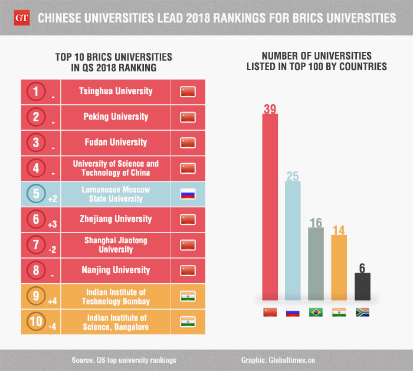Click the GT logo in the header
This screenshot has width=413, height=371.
19,18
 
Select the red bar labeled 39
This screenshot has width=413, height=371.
270,206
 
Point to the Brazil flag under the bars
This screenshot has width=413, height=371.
316,312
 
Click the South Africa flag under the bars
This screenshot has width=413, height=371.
362,312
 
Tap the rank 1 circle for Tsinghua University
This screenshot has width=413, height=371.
37,91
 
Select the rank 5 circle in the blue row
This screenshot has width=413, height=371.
37,194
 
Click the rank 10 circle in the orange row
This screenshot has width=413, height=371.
37,322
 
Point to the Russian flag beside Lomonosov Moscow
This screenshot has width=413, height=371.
188,194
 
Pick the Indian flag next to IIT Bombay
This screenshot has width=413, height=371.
188,296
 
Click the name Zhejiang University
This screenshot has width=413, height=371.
116,219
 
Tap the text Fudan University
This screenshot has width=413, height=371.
116,143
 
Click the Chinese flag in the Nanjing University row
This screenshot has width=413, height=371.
188,270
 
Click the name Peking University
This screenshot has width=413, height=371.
116,117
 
